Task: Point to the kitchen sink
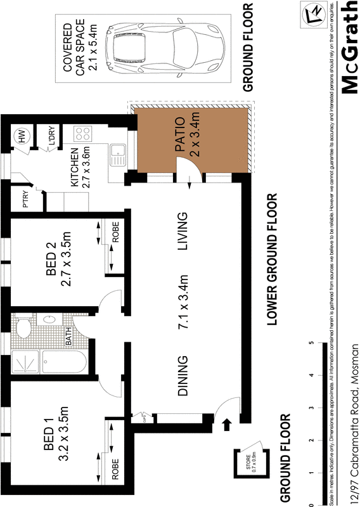pos(118,153)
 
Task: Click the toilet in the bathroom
pos(24,328)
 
